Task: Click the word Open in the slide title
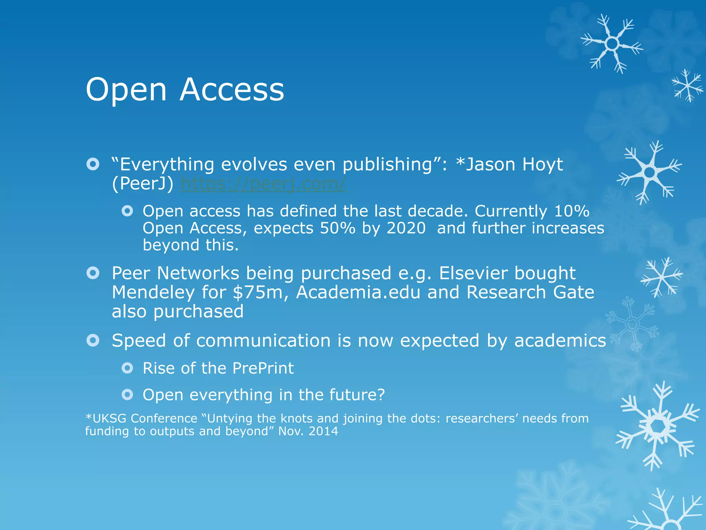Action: (126, 90)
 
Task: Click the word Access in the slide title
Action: (232, 90)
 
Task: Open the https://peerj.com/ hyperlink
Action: (264, 184)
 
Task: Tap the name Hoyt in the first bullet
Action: (542, 165)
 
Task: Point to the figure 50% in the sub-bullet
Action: (337, 228)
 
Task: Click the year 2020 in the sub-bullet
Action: (406, 228)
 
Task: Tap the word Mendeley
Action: (153, 293)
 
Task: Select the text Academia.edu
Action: (358, 293)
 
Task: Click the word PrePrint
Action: (263, 368)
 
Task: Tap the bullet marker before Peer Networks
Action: (93, 273)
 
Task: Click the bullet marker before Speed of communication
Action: (93, 341)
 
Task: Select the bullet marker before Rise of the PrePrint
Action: (127, 368)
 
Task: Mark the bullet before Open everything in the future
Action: (127, 394)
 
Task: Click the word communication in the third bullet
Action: (263, 341)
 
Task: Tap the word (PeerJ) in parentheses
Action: (143, 184)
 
